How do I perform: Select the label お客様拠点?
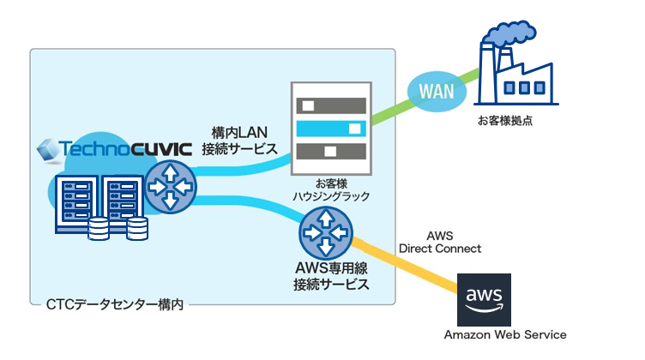505,121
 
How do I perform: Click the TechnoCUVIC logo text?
114,152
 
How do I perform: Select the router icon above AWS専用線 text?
325,232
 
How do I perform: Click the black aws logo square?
485,299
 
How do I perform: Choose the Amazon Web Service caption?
505,334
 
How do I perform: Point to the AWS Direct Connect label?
440,242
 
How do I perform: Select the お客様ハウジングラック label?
330,189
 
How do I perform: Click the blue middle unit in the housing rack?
330,129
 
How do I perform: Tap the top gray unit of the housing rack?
330,106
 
